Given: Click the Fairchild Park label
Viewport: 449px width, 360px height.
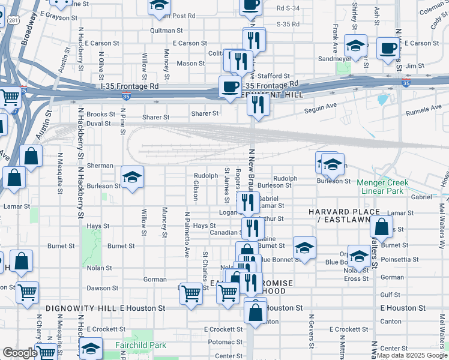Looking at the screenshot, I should (140, 345).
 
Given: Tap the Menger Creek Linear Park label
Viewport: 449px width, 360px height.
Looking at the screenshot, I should (385, 187).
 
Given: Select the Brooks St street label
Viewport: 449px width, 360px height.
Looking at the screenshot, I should (100, 114).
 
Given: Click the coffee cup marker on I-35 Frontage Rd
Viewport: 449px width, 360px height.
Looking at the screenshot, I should (229, 86).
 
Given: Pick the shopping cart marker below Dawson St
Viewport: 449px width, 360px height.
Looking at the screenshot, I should (191, 293).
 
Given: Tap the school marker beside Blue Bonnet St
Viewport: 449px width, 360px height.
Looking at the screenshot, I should (304, 247).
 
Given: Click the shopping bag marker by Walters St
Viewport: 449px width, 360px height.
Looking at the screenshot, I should (381, 226).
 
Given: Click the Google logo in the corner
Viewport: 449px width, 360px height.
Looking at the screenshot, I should (20, 353).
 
